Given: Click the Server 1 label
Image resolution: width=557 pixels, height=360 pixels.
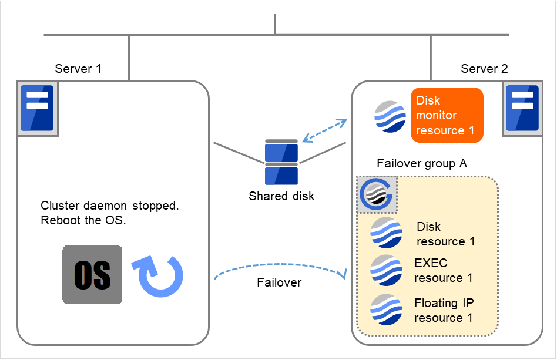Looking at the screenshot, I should (78, 69).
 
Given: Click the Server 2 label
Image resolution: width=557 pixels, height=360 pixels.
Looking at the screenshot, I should (484, 69).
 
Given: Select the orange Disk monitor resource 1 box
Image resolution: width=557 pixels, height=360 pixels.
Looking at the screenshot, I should (447, 115).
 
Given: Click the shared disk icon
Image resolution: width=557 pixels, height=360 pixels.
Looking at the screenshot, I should (281, 162).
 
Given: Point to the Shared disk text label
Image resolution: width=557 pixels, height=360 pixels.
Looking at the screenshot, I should (281, 196).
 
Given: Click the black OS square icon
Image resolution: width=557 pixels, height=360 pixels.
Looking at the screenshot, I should (92, 274).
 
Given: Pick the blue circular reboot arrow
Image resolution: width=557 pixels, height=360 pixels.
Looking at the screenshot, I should (160, 274).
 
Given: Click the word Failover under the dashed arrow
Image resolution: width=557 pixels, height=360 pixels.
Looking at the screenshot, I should (279, 282).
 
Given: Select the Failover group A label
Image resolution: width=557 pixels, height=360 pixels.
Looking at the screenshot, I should (422, 164).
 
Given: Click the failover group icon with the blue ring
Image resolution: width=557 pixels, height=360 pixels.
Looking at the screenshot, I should (377, 194).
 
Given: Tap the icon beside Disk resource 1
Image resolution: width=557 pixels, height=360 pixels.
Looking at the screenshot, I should (386, 233).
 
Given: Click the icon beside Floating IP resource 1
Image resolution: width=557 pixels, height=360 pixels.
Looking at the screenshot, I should (386, 309).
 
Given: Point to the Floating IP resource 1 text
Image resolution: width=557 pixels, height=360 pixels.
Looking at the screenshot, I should (444, 310).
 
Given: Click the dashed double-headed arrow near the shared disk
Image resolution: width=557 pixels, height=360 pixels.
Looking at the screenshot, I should (324, 130).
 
